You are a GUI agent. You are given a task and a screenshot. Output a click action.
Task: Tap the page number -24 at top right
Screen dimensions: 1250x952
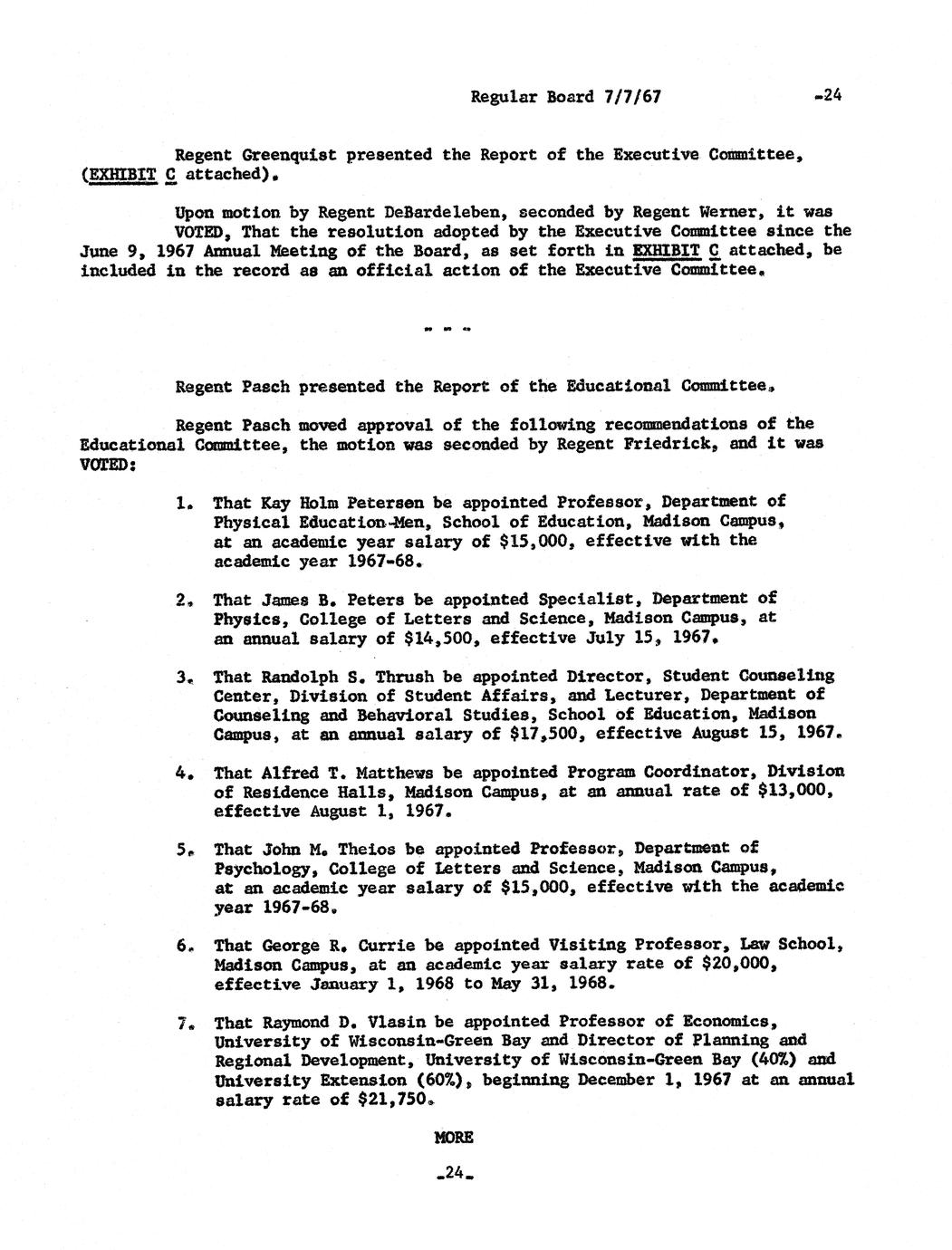tap(828, 95)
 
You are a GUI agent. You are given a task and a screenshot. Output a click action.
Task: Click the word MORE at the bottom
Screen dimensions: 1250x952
tap(454, 1138)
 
